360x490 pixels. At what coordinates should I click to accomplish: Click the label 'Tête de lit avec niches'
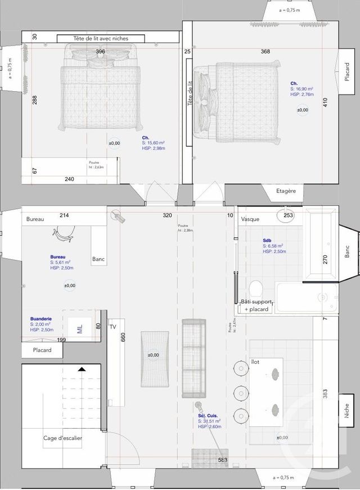pyautogui.click(x=101, y=38)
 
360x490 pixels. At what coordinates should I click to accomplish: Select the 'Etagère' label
pyautogui.click(x=286, y=191)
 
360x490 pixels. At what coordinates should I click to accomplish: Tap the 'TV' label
pyautogui.click(x=112, y=326)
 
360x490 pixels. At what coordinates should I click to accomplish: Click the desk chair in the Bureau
pyautogui.click(x=65, y=235)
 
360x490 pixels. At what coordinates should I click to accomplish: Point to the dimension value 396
pyautogui.click(x=100, y=52)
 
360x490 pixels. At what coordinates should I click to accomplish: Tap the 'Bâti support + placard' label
pyautogui.click(x=256, y=305)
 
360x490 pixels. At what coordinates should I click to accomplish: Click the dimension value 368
pyautogui.click(x=265, y=52)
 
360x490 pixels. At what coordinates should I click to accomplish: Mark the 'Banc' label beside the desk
pyautogui.click(x=99, y=259)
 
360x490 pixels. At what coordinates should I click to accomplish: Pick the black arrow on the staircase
pyautogui.click(x=82, y=370)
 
